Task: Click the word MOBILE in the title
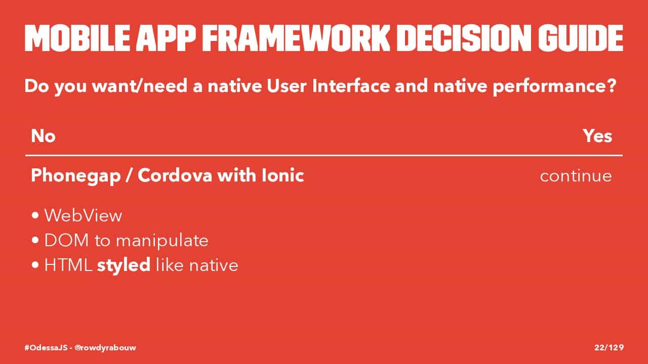[77, 38]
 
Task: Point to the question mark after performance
[611, 85]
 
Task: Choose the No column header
[43, 136]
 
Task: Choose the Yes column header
[597, 136]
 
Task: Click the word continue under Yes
[576, 176]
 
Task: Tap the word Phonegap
[76, 176]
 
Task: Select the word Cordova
[175, 175]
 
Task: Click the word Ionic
[282, 175]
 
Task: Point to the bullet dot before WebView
[35, 215]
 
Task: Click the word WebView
[84, 215]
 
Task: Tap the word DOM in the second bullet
[66, 240]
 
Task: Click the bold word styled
[124, 265]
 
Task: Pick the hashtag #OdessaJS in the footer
[46, 347]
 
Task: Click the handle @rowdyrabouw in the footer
[105, 348]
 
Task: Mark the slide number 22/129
[609, 347]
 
